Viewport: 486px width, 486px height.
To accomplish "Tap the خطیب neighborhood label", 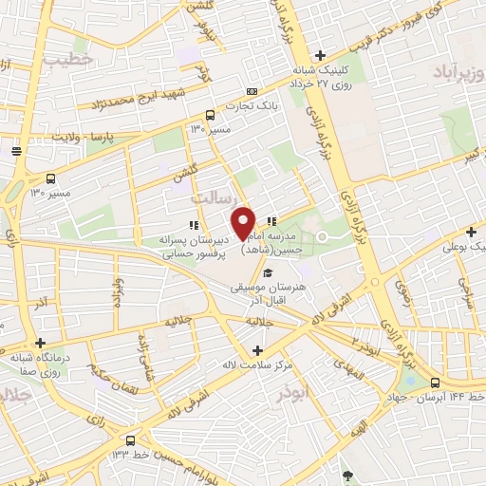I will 67,58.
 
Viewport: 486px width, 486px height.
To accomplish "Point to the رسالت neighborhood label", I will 210,199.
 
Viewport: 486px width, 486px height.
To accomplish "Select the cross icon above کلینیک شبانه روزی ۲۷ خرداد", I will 321,55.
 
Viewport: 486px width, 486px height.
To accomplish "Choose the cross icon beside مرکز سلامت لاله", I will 256,350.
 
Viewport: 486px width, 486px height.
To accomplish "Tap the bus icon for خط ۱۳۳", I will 130,440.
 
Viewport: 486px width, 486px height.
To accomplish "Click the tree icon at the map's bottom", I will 347,475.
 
